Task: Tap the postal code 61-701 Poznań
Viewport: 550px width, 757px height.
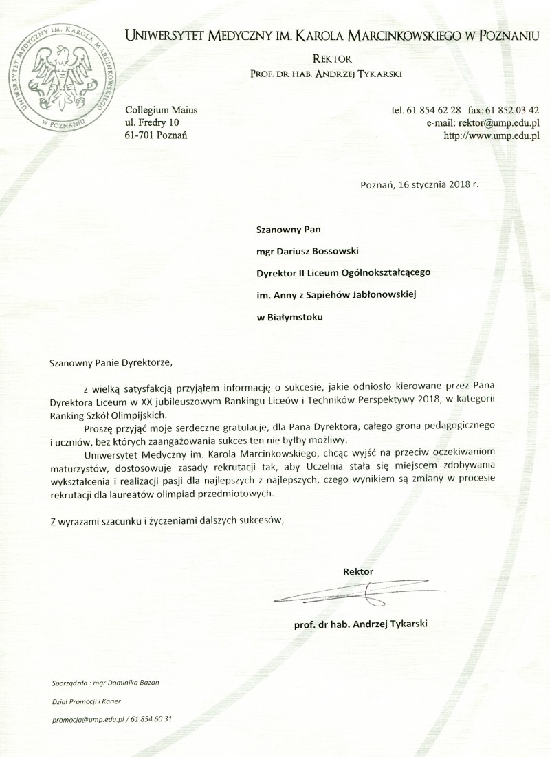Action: click(157, 135)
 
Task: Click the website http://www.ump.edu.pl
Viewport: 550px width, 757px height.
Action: click(491, 135)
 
